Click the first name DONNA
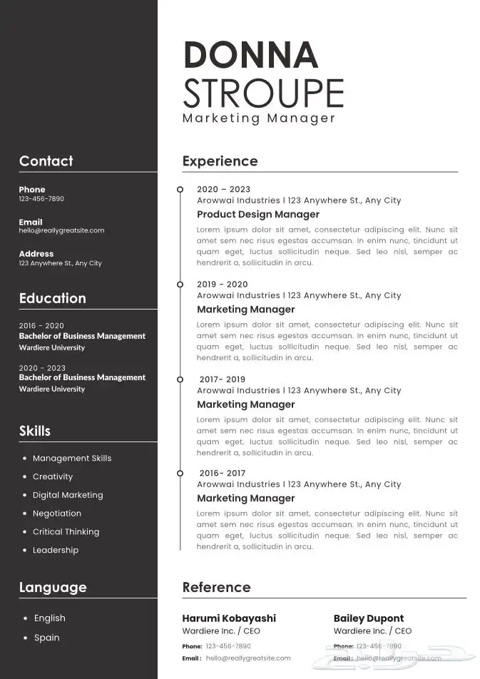(x=250, y=56)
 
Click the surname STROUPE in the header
(x=263, y=93)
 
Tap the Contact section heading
(x=46, y=161)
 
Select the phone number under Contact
(x=41, y=199)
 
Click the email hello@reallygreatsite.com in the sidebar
(x=61, y=230)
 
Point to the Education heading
(x=52, y=298)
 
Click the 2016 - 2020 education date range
(x=41, y=325)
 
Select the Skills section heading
(x=35, y=431)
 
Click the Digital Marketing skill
(x=68, y=495)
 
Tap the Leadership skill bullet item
(x=56, y=550)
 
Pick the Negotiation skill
(x=57, y=514)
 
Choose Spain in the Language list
(x=47, y=638)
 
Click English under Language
(x=49, y=618)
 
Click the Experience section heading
(x=220, y=161)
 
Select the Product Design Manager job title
(x=258, y=215)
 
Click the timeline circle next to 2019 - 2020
(x=180, y=284)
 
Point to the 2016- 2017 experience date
(x=223, y=473)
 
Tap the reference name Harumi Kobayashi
(x=229, y=618)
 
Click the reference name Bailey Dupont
(x=369, y=618)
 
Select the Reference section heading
(x=216, y=588)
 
